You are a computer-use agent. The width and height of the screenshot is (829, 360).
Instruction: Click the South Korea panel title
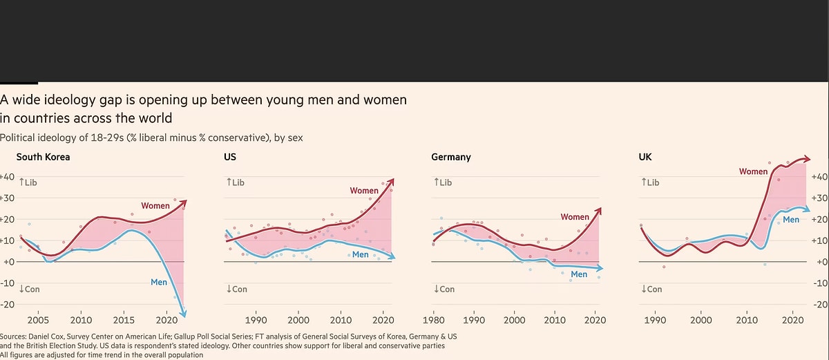(43, 157)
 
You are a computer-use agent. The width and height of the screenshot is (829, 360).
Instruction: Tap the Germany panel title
(450, 157)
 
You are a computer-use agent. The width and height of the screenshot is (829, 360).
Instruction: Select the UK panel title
(645, 157)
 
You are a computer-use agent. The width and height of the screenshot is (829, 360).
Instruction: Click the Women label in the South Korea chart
(155, 206)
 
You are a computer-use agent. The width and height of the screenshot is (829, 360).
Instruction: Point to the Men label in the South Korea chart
(159, 281)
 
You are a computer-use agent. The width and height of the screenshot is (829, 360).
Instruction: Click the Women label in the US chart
(364, 191)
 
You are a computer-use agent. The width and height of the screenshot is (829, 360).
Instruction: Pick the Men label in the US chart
(360, 255)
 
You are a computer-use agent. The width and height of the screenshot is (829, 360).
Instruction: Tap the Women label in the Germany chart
(575, 217)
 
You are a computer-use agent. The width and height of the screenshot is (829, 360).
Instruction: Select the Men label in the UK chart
(791, 220)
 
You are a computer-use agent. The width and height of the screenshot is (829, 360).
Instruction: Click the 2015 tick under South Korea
(124, 321)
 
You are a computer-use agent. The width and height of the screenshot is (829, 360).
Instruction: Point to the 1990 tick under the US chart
(256, 321)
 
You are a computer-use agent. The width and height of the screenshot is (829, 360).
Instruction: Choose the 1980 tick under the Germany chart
(433, 321)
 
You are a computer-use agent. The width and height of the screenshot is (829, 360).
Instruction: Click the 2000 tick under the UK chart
(701, 321)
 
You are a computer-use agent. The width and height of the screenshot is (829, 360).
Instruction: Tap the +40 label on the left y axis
(8, 177)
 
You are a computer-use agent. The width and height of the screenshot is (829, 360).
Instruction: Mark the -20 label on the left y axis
(8, 304)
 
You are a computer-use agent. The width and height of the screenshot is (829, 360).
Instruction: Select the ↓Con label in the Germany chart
(445, 289)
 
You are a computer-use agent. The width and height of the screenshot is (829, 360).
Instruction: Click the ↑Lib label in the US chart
(236, 182)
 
